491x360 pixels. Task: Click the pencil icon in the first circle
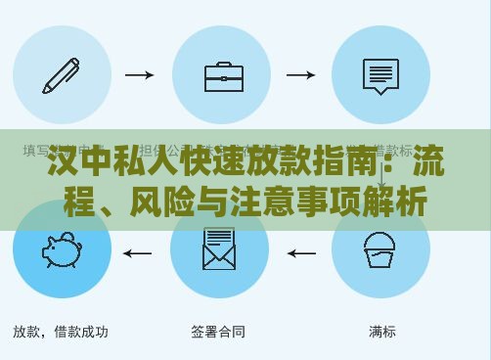(x=62, y=74)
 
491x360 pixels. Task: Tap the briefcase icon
(x=224, y=75)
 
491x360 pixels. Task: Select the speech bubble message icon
(x=380, y=75)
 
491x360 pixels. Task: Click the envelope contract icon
(x=219, y=249)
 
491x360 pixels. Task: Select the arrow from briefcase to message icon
(x=299, y=74)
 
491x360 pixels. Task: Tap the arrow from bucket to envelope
(x=300, y=253)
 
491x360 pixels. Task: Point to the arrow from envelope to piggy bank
(x=138, y=253)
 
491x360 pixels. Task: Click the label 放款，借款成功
(x=61, y=332)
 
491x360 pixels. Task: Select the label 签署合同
(x=218, y=332)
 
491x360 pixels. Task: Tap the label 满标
(x=382, y=332)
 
